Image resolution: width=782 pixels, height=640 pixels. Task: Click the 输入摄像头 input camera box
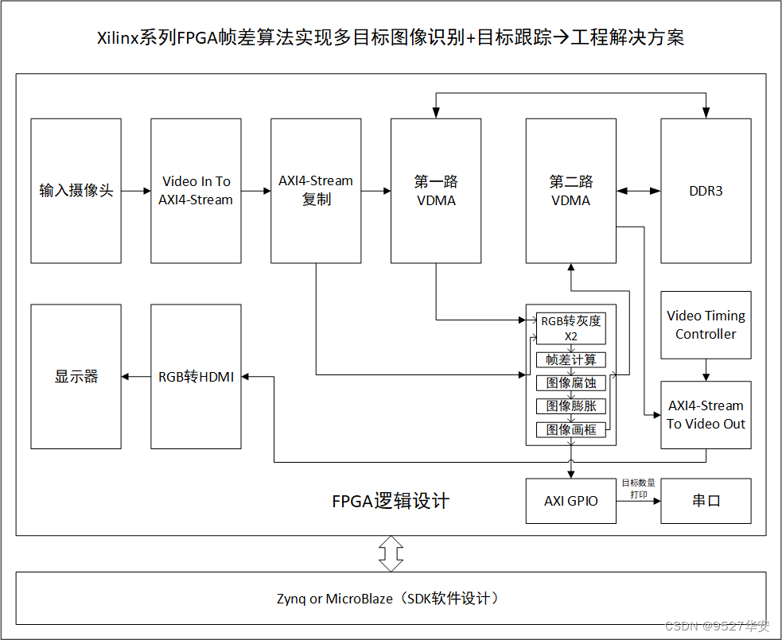tap(76, 191)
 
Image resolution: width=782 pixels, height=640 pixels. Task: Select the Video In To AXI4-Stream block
tap(196, 191)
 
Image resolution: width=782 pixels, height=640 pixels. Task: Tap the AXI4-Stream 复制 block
tap(316, 191)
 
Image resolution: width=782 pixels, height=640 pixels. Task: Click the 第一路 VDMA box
tap(436, 191)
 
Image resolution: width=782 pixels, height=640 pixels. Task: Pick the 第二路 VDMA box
tap(570, 191)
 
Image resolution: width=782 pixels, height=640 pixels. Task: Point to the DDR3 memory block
tap(706, 191)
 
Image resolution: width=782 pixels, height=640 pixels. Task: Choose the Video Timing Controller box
tap(706, 325)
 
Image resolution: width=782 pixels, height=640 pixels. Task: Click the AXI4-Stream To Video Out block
tap(706, 414)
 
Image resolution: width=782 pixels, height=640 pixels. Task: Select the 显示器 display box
tap(76, 376)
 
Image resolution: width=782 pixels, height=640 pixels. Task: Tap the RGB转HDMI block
tap(196, 376)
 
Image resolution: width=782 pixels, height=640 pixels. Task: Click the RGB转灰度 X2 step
tap(570, 328)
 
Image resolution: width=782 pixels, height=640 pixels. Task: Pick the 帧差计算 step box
tap(570, 359)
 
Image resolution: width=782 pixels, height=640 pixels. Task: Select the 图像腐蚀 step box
tap(570, 383)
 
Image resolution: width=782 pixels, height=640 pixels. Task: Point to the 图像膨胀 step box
tap(570, 406)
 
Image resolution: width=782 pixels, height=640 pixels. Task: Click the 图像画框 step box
tap(570, 429)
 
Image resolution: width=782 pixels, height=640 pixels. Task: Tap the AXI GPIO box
tap(570, 501)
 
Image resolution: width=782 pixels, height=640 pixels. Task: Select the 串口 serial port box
tap(706, 501)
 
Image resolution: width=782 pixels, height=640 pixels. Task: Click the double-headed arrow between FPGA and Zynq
tap(391, 553)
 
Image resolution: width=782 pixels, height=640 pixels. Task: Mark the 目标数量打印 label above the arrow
tap(638, 488)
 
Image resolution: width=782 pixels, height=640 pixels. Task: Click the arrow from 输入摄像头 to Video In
tap(136, 191)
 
